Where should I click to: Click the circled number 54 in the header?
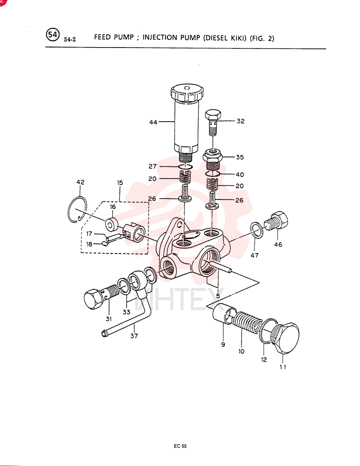pyautogui.click(x=53, y=35)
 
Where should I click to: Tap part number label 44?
pyautogui.click(x=153, y=122)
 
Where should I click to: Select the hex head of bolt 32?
pyautogui.click(x=213, y=115)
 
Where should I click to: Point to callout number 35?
pyautogui.click(x=240, y=157)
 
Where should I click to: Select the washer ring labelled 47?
pyautogui.click(x=257, y=230)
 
